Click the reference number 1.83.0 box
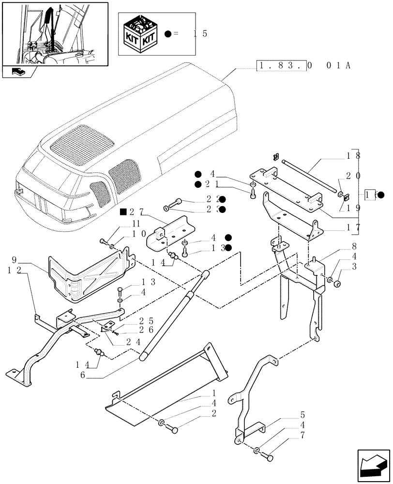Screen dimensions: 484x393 point(281,66)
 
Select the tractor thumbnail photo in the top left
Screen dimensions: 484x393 point(55,33)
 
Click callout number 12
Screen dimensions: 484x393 point(13,271)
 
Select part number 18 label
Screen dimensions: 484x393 point(351,157)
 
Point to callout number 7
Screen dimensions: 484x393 point(302,441)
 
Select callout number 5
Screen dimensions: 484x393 point(302,415)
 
